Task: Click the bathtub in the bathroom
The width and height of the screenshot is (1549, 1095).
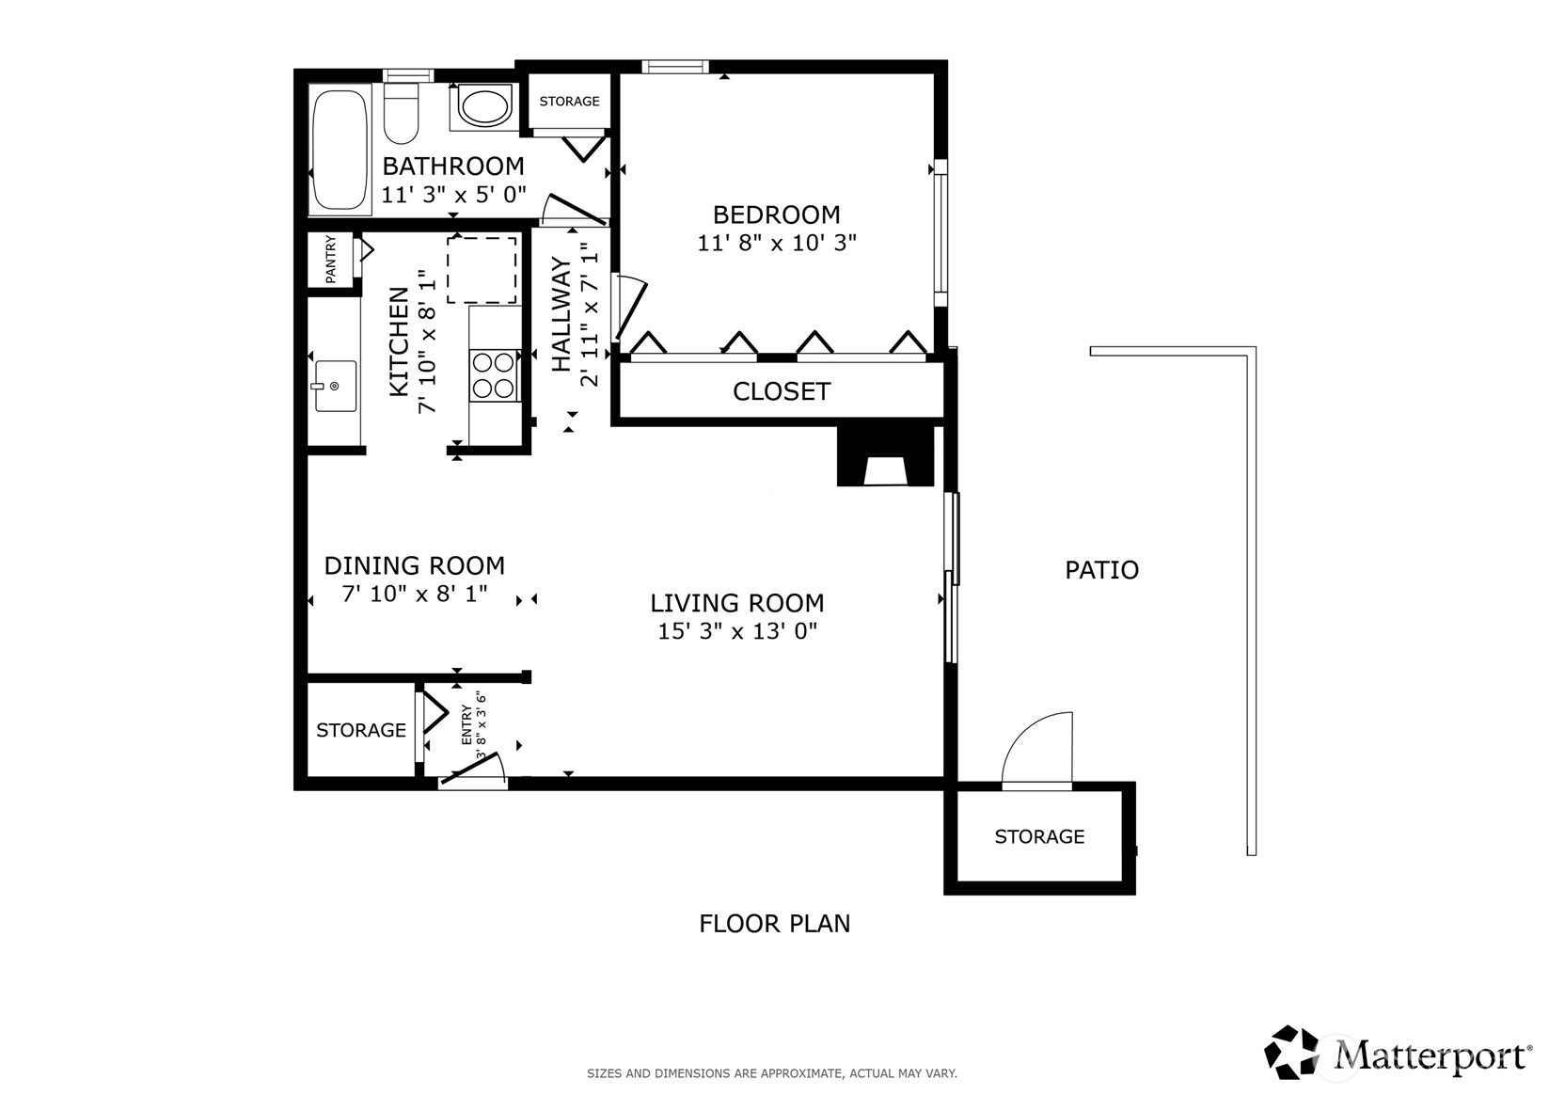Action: [x=340, y=149]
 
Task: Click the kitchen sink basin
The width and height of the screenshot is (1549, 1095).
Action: [x=335, y=386]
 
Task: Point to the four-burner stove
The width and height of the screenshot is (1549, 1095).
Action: [x=495, y=375]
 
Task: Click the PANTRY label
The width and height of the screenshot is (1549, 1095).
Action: [x=331, y=260]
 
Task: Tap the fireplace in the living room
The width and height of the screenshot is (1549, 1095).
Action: [x=885, y=458]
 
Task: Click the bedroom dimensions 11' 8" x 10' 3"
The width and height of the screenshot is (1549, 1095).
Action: [x=777, y=243]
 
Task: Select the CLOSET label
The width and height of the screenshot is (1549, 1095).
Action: [x=782, y=391]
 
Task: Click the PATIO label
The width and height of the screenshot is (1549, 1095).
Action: [x=1101, y=570]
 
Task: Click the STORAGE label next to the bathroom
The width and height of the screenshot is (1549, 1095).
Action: [x=569, y=102]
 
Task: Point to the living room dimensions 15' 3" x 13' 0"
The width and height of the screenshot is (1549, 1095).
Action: [x=737, y=631]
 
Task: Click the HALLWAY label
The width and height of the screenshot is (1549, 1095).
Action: [x=561, y=315]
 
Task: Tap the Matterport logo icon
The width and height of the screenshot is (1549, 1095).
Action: [x=1291, y=1053]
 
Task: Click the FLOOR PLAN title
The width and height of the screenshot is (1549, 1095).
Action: [x=774, y=924]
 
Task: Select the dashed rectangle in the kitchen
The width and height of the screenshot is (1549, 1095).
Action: [x=482, y=270]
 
